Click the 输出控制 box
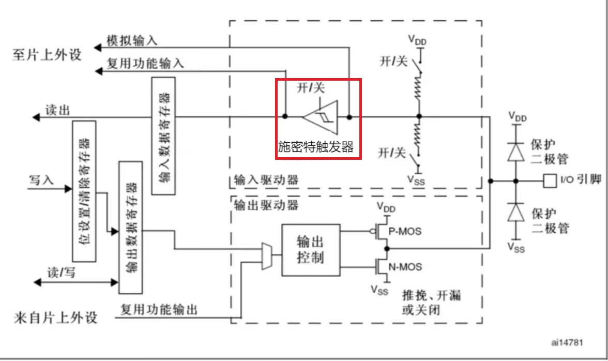click(311, 250)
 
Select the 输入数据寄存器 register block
click(163, 136)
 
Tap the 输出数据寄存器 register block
click(131, 228)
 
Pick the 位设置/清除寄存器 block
click(84, 191)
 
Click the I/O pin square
click(549, 180)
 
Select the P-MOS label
click(404, 231)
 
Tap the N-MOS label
click(405, 267)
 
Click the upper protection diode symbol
click(515, 151)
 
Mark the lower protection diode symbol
click(515, 212)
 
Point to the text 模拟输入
click(132, 40)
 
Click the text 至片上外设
click(47, 54)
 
